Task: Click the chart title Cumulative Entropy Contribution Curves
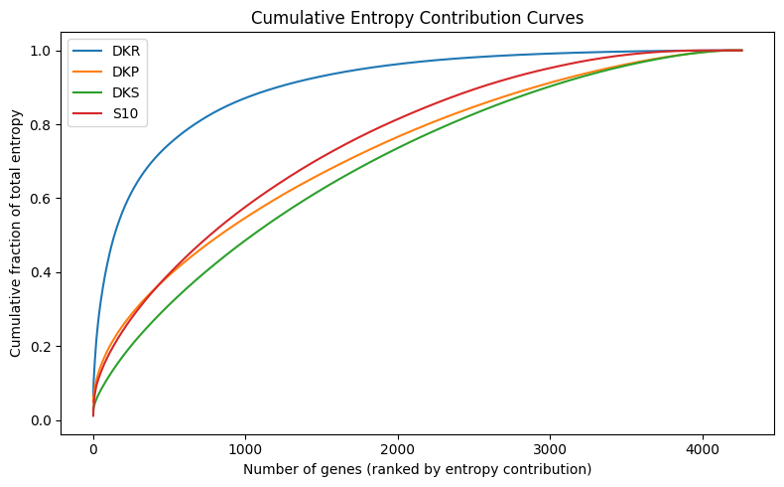pos(417,17)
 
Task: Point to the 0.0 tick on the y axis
pos(43,420)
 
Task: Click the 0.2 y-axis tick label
pos(43,347)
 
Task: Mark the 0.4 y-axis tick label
pos(43,272)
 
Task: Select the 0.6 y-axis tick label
pos(43,199)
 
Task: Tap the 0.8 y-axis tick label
pos(43,124)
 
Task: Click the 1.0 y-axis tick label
pos(43,51)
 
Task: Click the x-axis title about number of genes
pos(417,469)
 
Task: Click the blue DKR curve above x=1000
pos(246,96)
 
